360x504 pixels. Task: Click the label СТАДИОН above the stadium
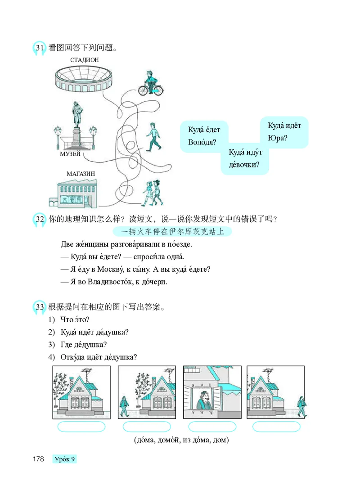pyautogui.click(x=85, y=59)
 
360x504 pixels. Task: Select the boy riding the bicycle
pyautogui.click(x=149, y=84)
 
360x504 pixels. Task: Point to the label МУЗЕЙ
pyautogui.click(x=70, y=154)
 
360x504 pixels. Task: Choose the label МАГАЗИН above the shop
pyautogui.click(x=81, y=173)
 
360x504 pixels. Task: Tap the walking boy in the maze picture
pyautogui.click(x=153, y=137)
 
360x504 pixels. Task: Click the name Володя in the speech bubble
pyautogui.click(x=201, y=143)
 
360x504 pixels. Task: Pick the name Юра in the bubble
pyautogui.click(x=277, y=138)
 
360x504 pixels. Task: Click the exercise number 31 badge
pyautogui.click(x=39, y=48)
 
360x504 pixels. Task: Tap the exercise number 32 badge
pyautogui.click(x=39, y=220)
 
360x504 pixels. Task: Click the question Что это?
pyautogui.click(x=74, y=319)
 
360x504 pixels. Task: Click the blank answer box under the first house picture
pyautogui.click(x=81, y=427)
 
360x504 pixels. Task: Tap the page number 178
pyautogui.click(x=38, y=459)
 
